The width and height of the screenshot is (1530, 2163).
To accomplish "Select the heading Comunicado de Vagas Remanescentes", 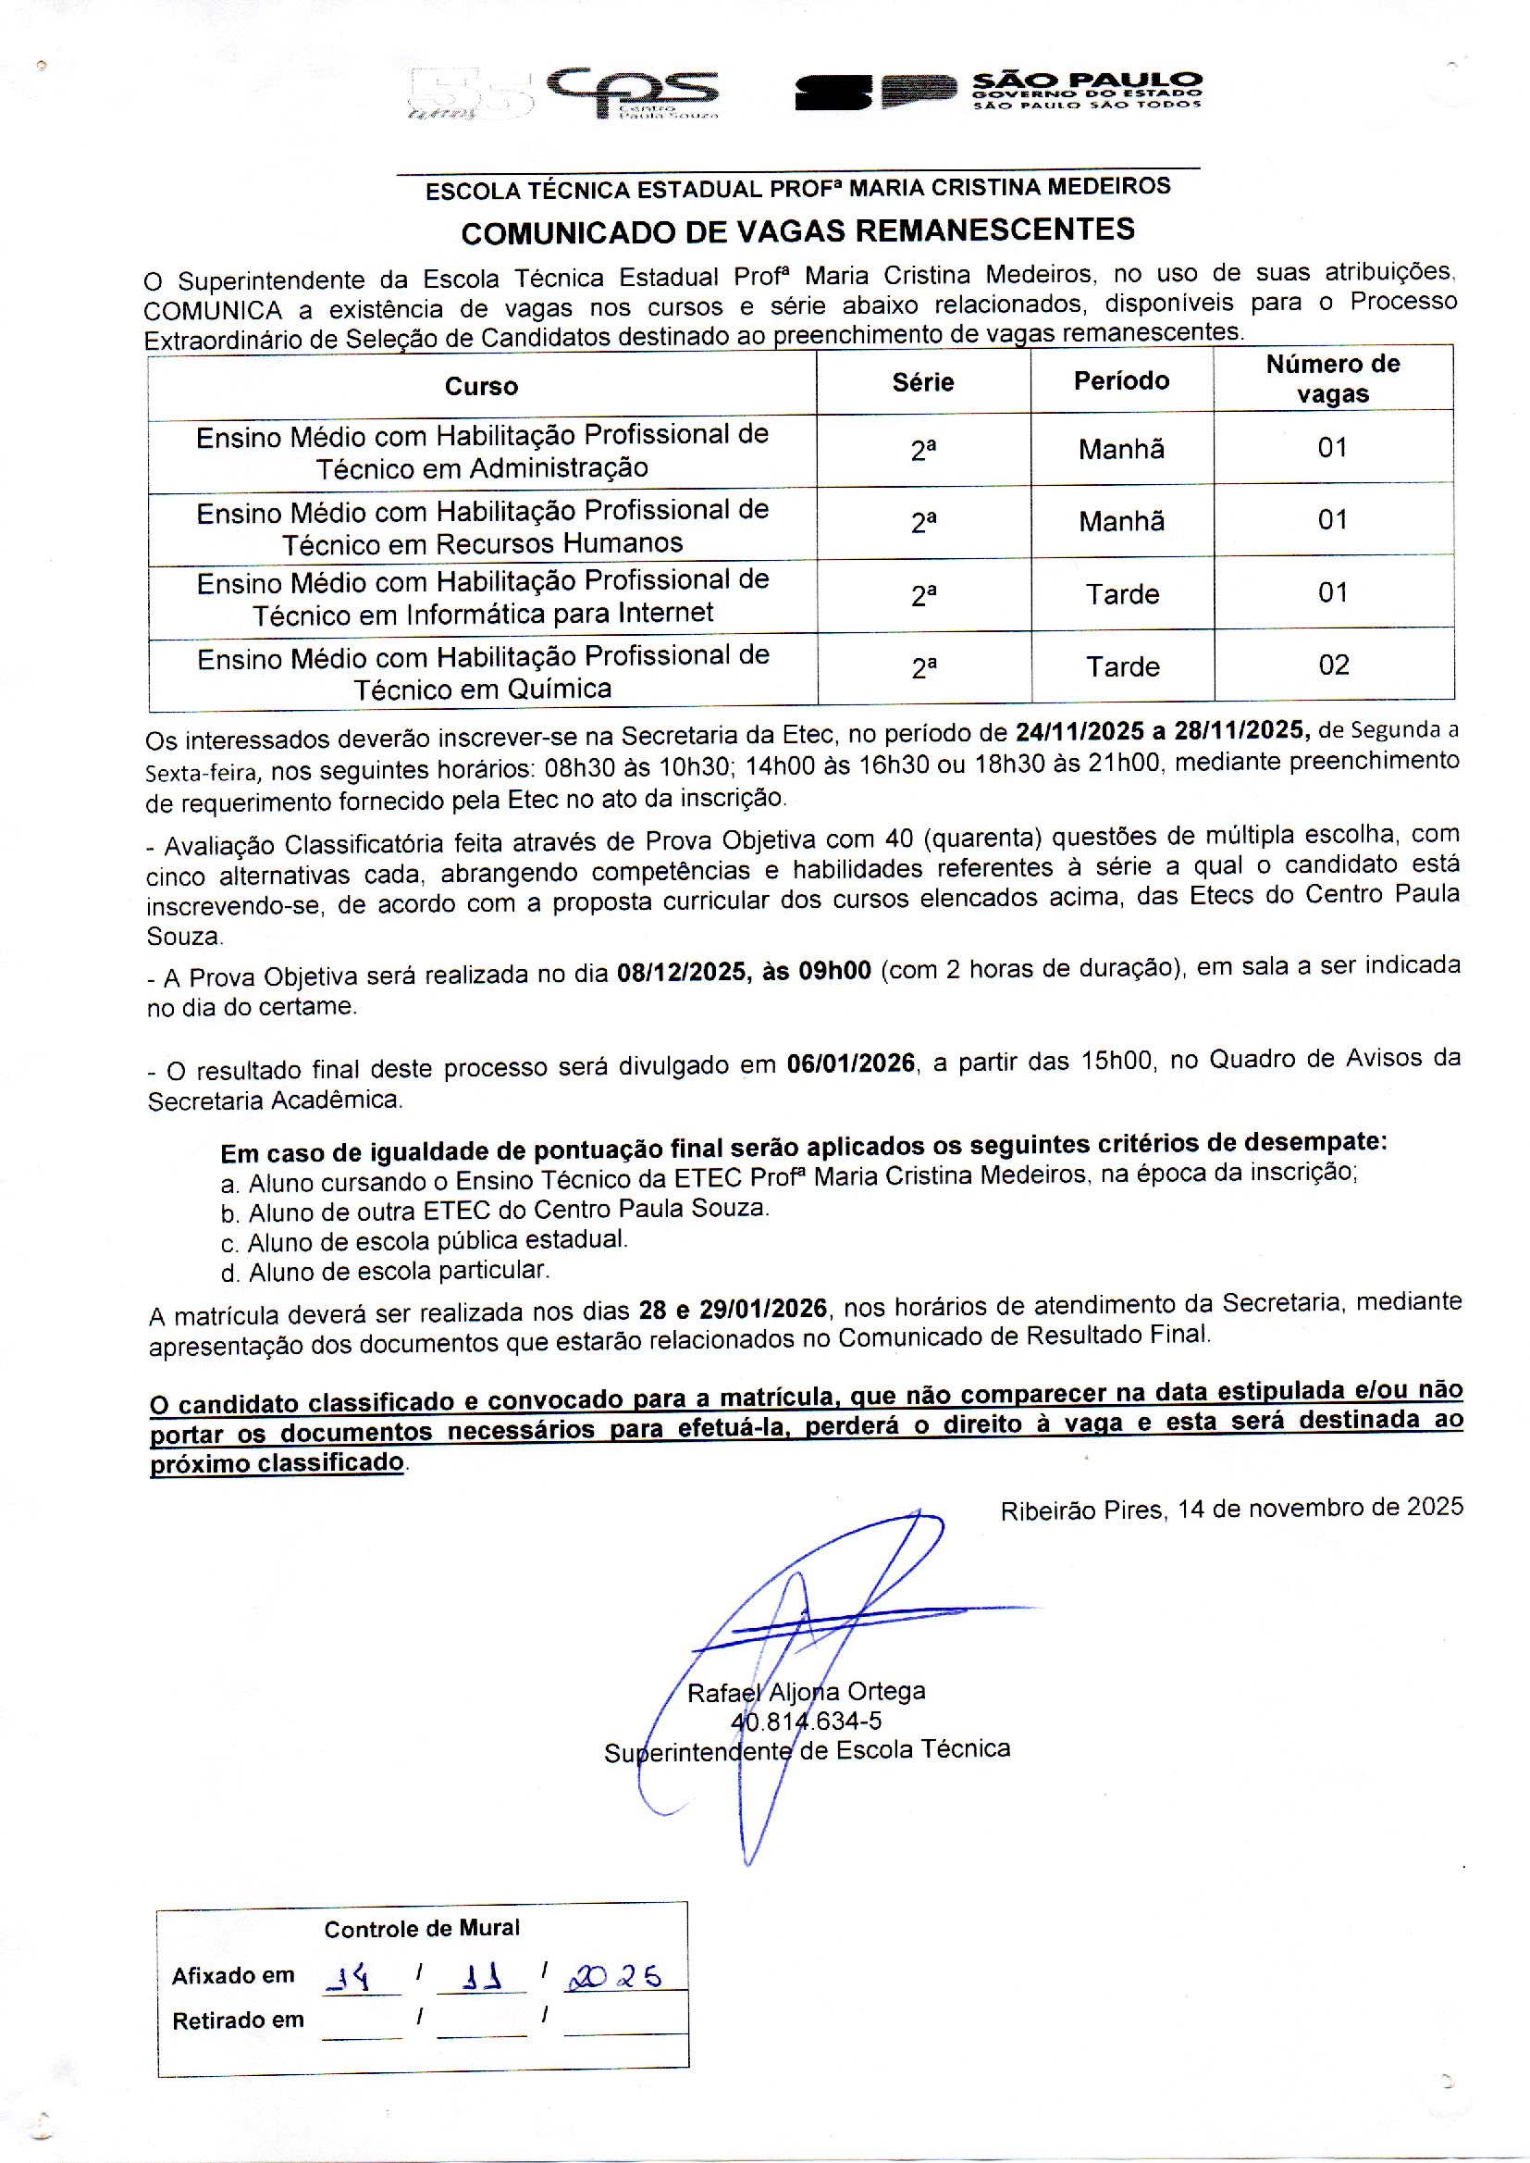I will (797, 230).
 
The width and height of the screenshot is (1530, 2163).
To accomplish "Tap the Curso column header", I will (481, 385).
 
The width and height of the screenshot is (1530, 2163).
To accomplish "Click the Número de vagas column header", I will (1332, 379).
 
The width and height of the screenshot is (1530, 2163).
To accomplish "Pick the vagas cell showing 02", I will (1333, 665).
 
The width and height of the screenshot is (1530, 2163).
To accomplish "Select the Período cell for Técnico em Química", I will (1122, 667).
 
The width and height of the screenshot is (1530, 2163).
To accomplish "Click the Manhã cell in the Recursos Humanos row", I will (1121, 521).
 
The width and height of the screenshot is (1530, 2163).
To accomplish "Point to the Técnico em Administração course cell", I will (482, 452).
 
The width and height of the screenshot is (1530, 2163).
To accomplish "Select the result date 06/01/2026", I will (851, 1064).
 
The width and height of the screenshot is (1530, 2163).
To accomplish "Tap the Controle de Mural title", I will (422, 1929).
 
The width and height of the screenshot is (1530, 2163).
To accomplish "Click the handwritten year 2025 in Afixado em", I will (612, 1976).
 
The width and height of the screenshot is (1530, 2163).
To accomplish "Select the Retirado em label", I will (239, 2020).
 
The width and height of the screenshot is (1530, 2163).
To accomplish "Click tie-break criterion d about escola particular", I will (386, 1272).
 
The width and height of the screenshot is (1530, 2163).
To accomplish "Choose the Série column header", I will (923, 381).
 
